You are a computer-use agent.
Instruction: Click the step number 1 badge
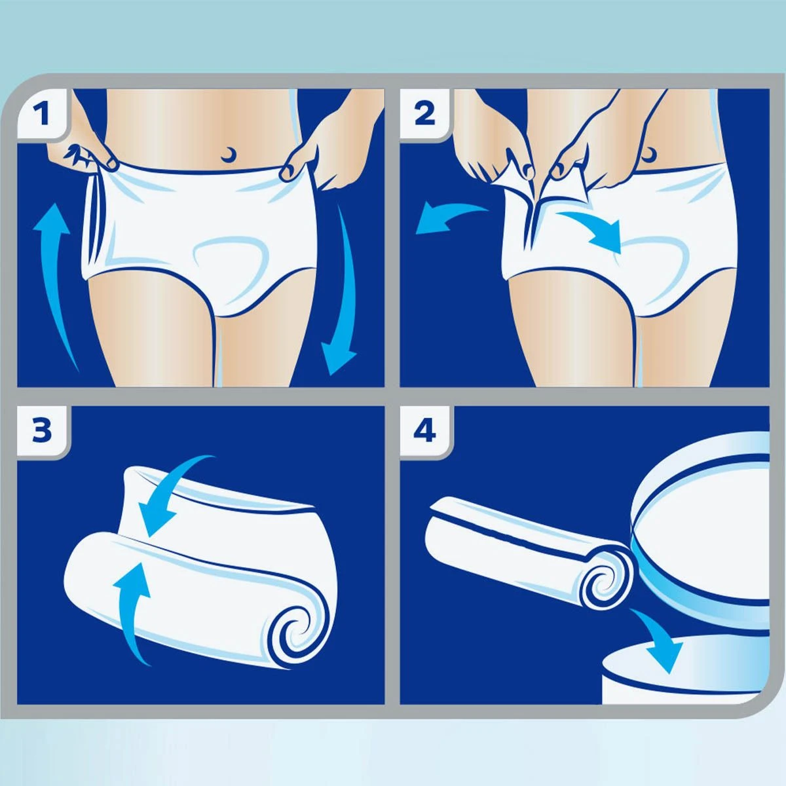43,114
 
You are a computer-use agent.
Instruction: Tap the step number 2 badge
425,114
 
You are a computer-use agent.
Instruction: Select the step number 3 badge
43,431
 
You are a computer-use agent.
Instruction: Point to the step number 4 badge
425,431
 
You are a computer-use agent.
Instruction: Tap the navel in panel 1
229,154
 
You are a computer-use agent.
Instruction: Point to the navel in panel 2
650,155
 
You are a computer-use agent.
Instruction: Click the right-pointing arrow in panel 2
593,229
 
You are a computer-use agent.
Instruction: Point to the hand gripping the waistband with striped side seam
79,154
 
